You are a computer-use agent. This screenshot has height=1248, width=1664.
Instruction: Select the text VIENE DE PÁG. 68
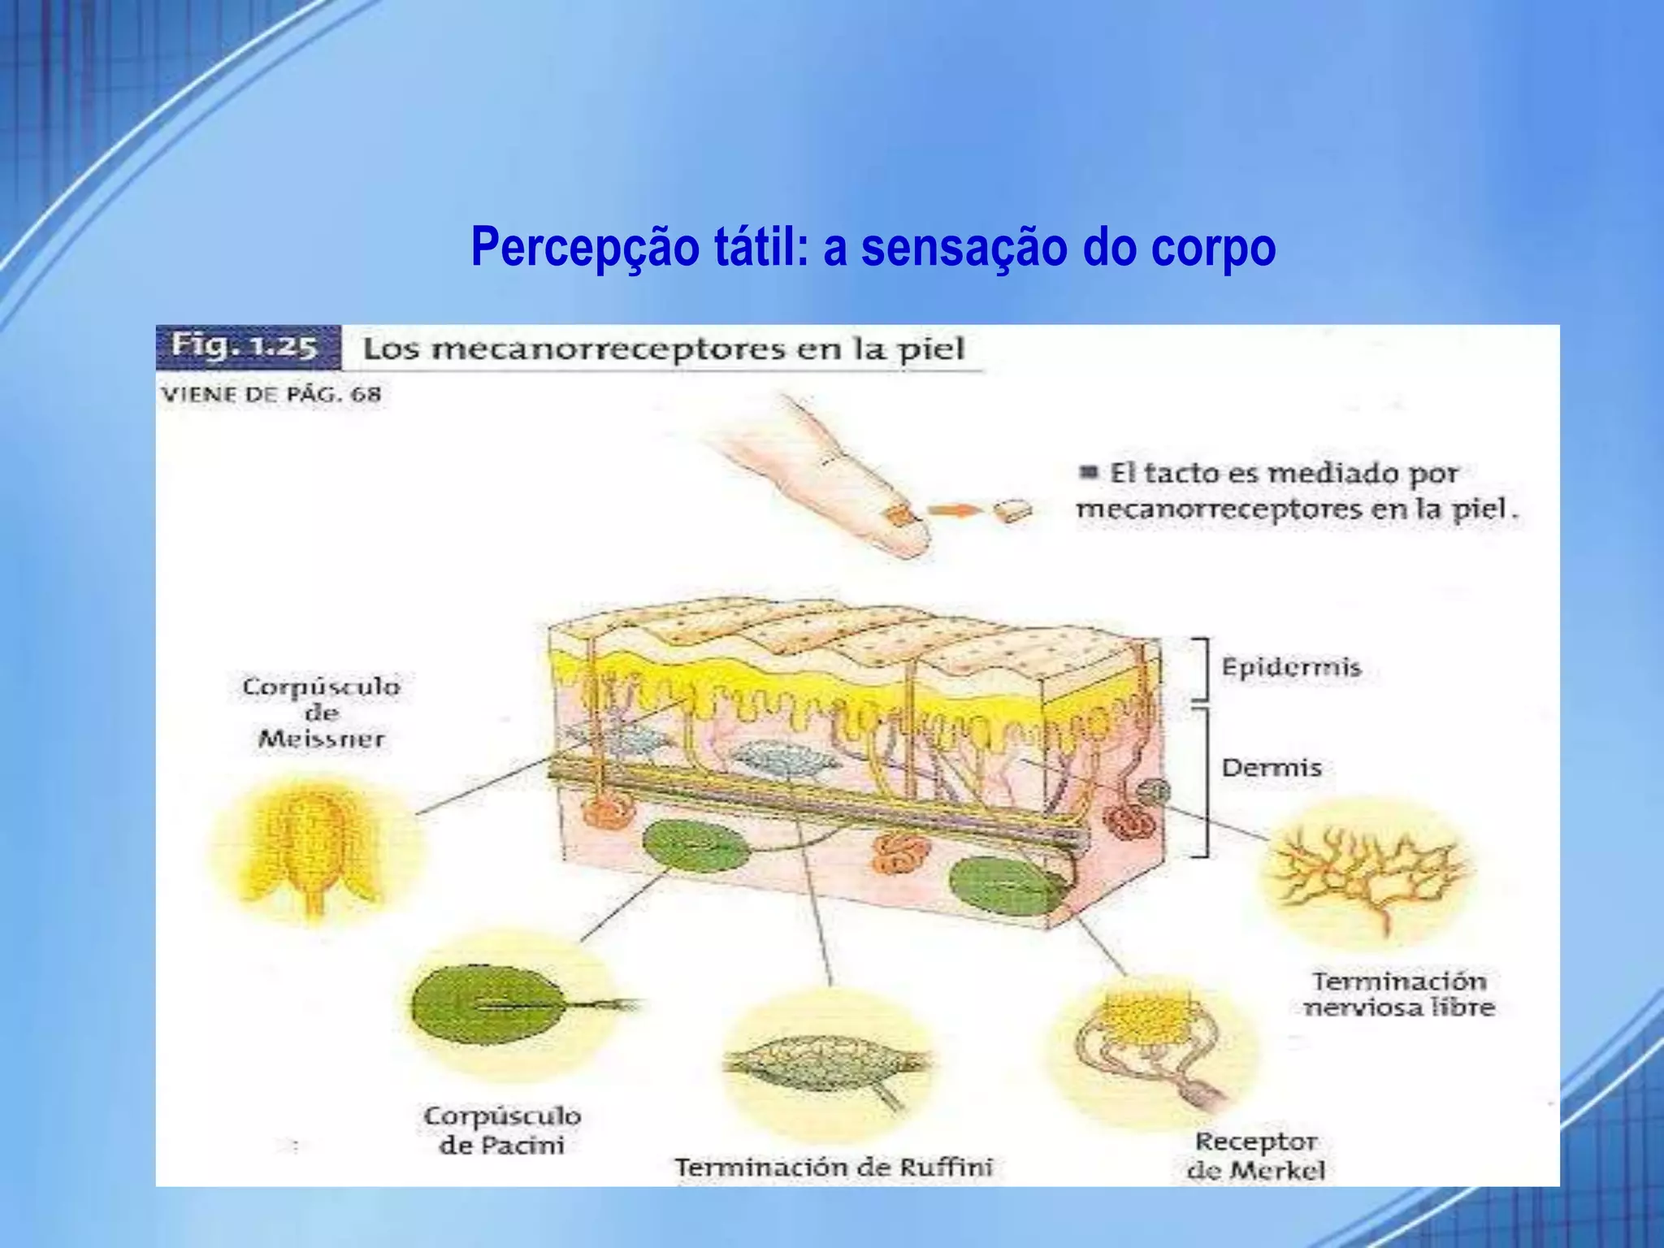[271, 395]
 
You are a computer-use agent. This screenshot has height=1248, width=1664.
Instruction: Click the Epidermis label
[1291, 668]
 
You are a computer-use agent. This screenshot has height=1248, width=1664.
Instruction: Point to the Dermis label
[1272, 768]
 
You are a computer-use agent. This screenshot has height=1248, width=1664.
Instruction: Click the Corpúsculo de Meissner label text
[322, 713]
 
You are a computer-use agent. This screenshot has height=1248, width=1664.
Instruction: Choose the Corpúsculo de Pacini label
[501, 1130]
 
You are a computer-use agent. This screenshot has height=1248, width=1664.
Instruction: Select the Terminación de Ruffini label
[834, 1168]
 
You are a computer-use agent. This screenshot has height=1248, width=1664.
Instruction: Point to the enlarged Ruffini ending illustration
[825, 1064]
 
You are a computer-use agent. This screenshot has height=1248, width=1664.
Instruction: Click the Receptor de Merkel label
[1255, 1155]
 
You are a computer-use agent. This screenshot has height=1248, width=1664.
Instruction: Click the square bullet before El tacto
[1089, 472]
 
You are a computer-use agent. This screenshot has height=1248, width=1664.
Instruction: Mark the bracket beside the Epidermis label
[1202, 669]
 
